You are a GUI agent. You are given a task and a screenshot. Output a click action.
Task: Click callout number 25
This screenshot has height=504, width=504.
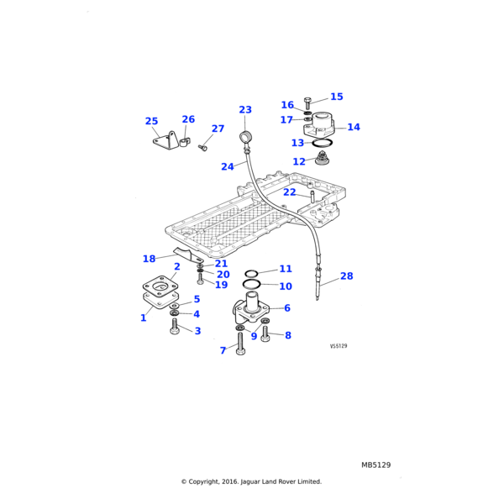tap(151, 122)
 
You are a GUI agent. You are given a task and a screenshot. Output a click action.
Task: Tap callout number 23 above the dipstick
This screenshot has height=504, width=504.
tap(245, 110)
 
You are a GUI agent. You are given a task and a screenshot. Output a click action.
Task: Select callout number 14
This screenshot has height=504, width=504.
tap(354, 128)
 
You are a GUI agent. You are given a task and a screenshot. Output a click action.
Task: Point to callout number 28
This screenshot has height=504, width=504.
tap(346, 276)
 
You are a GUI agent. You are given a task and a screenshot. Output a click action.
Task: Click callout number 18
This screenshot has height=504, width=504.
tap(149, 259)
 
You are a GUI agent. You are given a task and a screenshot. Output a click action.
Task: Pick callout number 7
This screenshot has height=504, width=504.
tap(223, 350)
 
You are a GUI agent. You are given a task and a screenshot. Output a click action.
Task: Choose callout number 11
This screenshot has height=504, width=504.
tap(286, 269)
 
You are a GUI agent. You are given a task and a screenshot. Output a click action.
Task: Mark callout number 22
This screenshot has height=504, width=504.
tap(289, 192)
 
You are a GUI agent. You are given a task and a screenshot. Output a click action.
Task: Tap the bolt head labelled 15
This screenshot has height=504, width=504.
tap(307, 101)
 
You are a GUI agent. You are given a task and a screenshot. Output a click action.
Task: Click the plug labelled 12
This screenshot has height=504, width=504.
tap(320, 159)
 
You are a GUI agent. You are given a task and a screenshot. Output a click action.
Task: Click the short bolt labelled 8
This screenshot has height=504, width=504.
tap(265, 335)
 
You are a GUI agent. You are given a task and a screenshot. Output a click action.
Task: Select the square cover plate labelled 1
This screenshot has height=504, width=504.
tap(159, 296)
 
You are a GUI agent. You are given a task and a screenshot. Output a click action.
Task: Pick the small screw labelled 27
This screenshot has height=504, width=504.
tap(202, 148)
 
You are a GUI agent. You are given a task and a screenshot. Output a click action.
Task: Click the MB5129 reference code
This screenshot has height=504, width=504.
tap(376, 465)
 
